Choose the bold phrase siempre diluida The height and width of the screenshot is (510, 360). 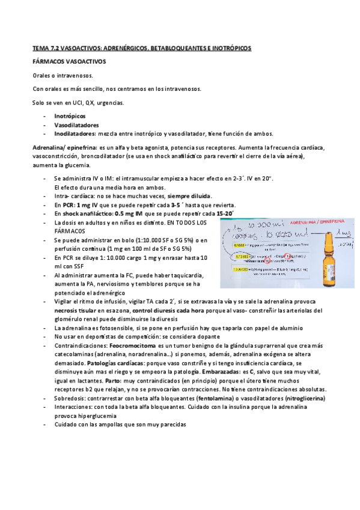189,196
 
